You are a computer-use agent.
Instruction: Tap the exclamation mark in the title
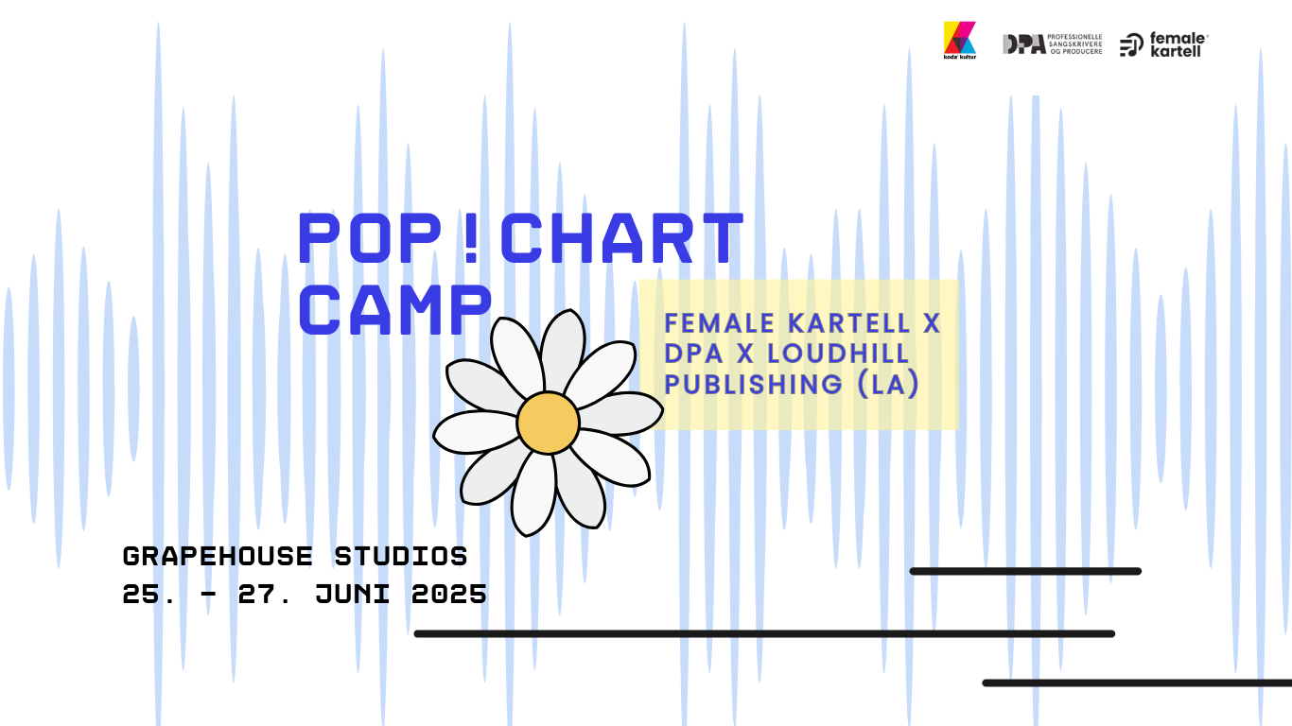click(x=473, y=238)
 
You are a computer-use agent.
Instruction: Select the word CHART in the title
click(x=621, y=238)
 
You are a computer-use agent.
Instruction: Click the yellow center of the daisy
click(x=548, y=423)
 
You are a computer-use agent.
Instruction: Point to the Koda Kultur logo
click(x=959, y=41)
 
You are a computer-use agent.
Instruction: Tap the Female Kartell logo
click(x=1163, y=44)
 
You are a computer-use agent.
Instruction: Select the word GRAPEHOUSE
click(x=218, y=556)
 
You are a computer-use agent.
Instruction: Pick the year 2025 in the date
click(x=449, y=595)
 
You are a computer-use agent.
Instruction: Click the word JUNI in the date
click(x=353, y=595)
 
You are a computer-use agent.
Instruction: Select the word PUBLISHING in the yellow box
click(x=740, y=384)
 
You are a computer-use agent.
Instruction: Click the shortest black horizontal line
click(x=1025, y=571)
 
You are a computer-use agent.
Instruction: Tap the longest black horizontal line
click(x=764, y=633)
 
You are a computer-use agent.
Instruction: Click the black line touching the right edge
click(x=1135, y=683)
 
